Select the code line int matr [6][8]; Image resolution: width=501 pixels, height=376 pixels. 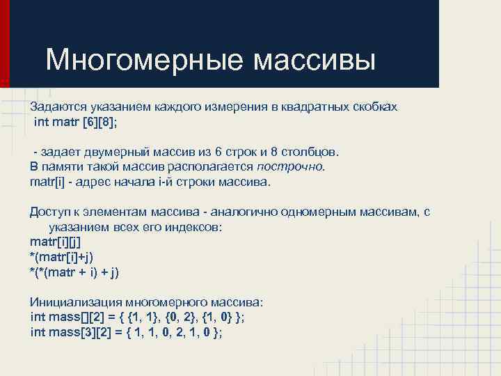[76, 122]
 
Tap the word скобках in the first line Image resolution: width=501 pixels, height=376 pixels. [376, 107]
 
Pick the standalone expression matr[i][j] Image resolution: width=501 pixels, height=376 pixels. [55, 242]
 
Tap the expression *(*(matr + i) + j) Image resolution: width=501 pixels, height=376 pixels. [74, 272]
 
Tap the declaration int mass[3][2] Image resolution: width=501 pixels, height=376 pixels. [70, 332]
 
